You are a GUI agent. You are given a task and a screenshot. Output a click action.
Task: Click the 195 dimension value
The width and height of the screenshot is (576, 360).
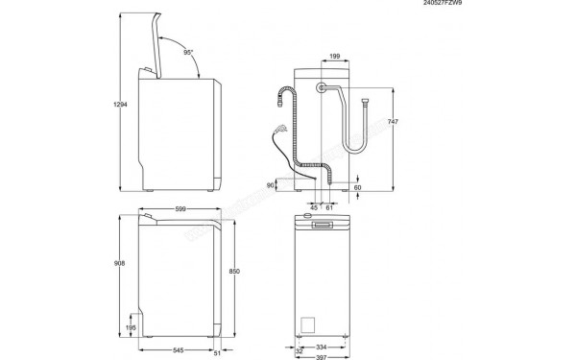pyautogui.click(x=131, y=328)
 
